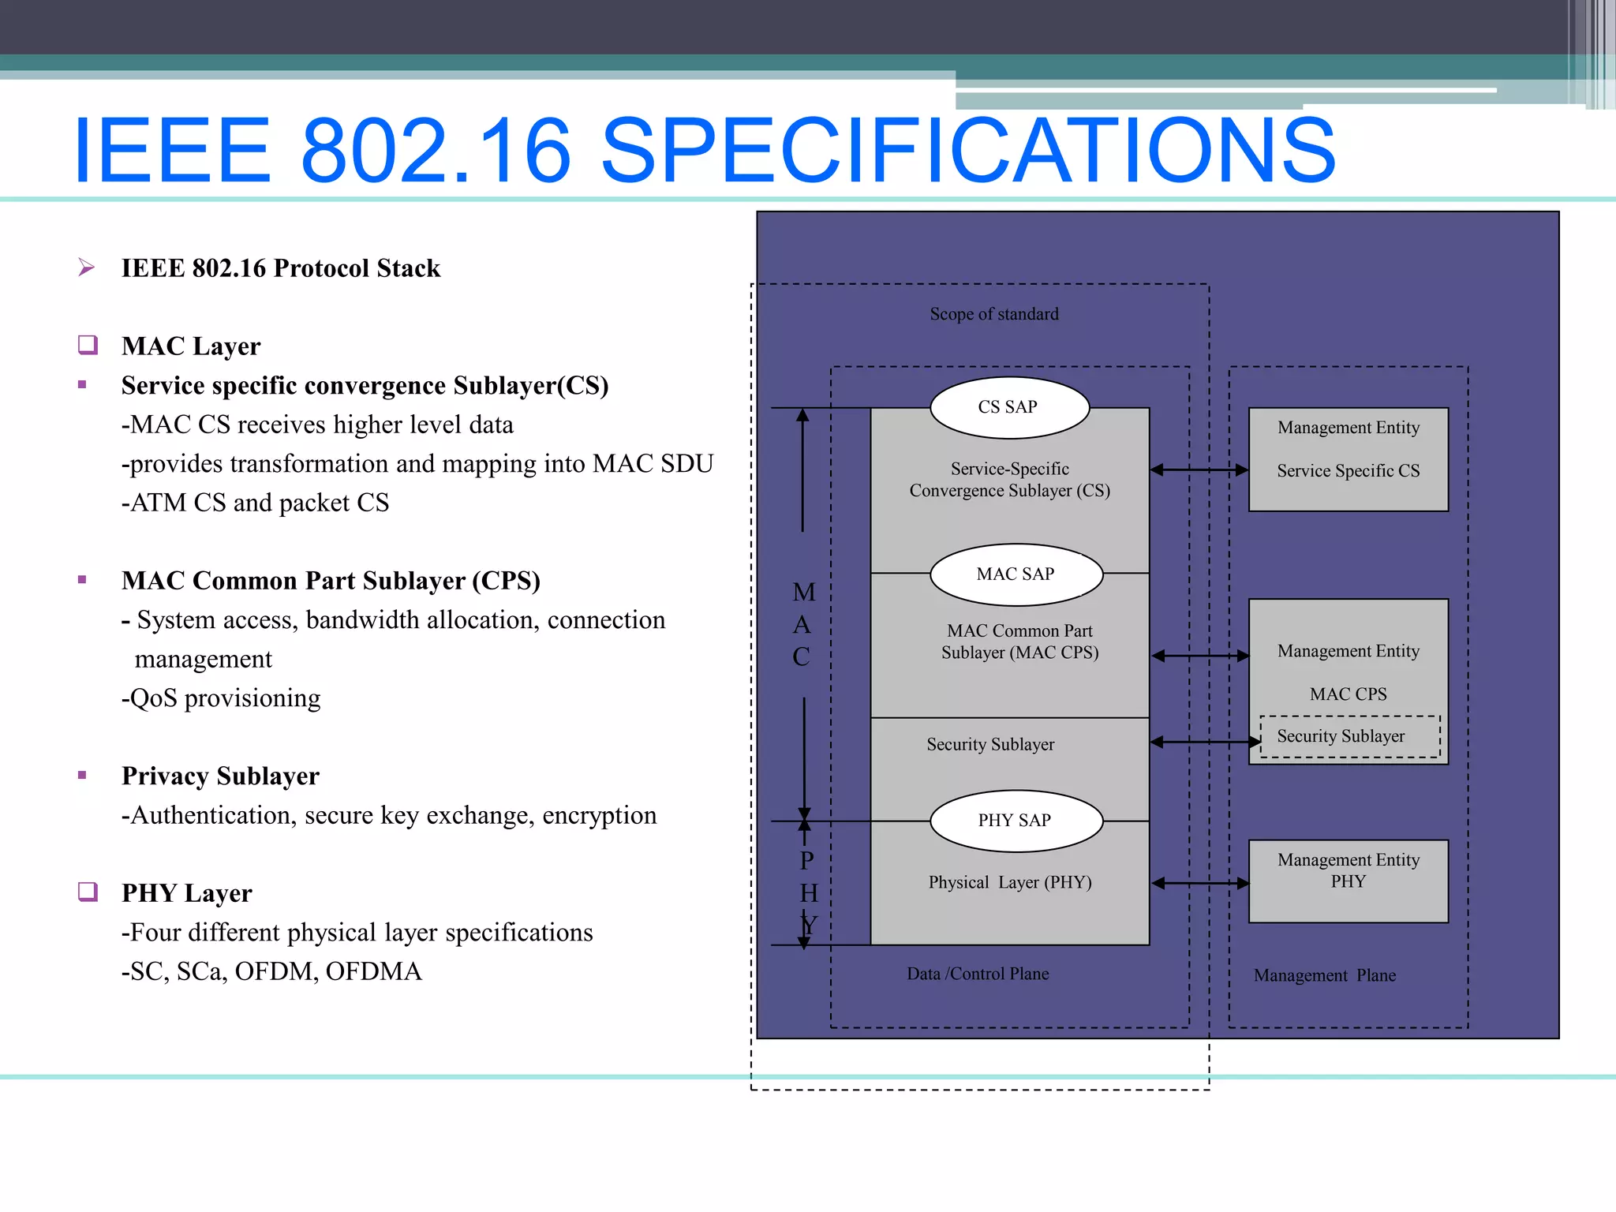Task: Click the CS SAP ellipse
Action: coord(1009,407)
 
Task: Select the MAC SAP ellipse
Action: coord(1016,574)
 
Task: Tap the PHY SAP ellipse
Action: coord(1016,821)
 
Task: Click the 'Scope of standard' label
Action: coord(993,314)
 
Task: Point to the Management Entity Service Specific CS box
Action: coord(1348,459)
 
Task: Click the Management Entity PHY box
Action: coord(1348,881)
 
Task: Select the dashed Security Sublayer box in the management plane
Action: coord(1349,737)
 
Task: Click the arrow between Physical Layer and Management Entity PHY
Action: coord(1199,883)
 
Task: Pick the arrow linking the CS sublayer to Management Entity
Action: coord(1199,470)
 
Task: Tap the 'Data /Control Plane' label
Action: coord(978,974)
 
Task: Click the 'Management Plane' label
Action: coord(1324,975)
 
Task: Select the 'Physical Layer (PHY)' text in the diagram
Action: coord(1010,882)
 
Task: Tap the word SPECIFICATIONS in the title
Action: coord(967,150)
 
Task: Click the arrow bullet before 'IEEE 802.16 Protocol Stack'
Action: coord(87,268)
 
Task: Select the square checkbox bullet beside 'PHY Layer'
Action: coord(88,892)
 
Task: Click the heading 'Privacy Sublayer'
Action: coord(220,776)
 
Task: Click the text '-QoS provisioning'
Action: coord(221,698)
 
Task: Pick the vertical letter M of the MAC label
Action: coord(804,593)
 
